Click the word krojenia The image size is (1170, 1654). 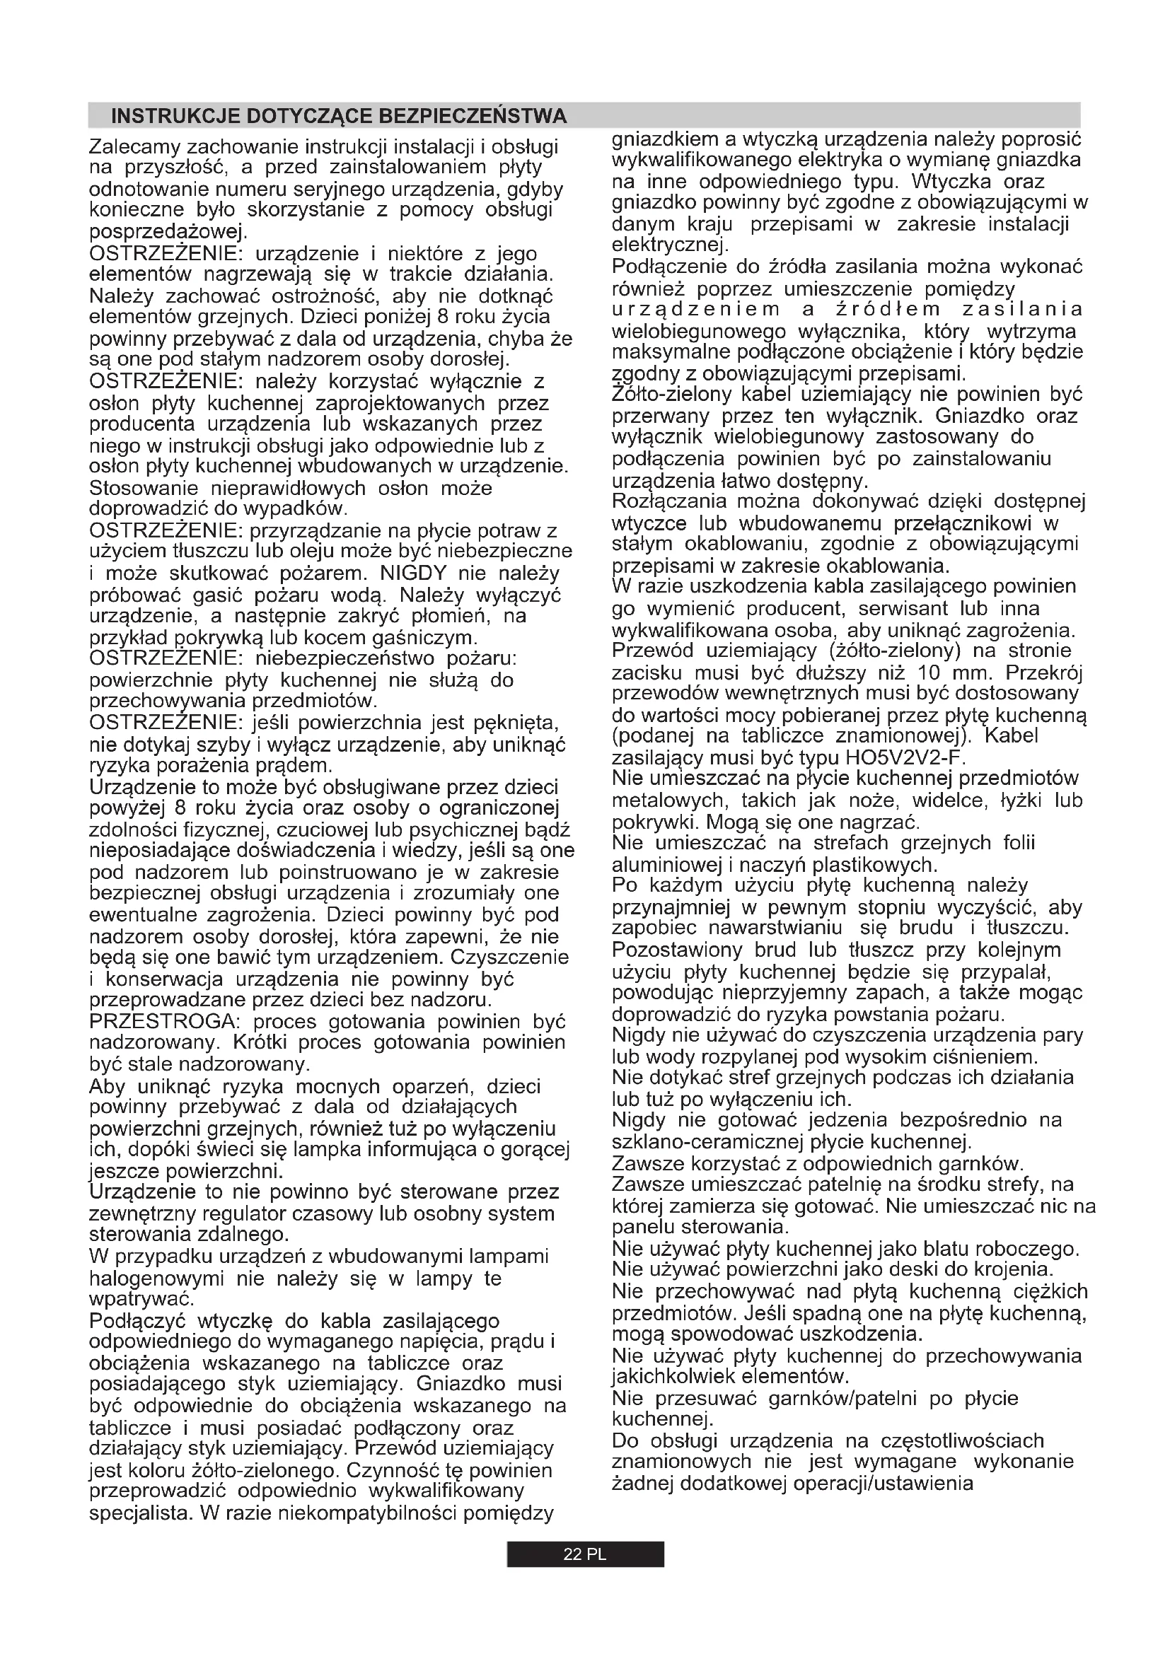click(x=1015, y=1269)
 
